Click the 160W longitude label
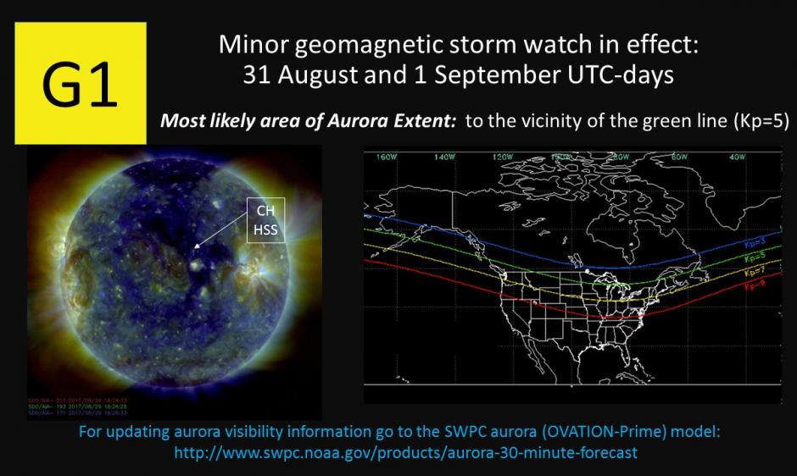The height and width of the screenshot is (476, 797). [387, 158]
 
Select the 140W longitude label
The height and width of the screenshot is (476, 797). [445, 158]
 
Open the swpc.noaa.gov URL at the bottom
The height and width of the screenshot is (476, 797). [404, 452]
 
